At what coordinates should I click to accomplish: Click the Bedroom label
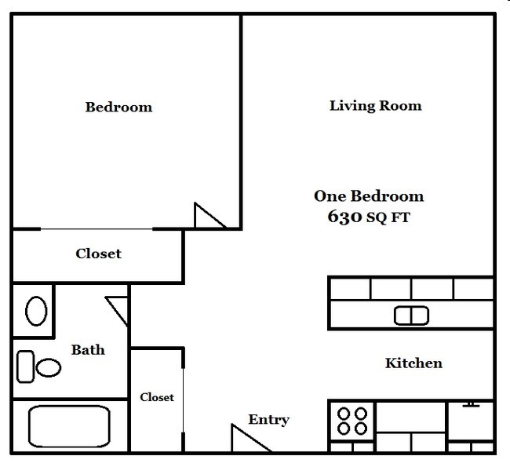tap(118, 107)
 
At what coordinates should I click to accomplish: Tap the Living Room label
tap(375, 105)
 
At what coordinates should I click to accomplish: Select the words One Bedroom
tap(369, 196)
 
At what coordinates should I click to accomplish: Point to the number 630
tap(344, 217)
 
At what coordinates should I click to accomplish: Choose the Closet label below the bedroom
tap(98, 254)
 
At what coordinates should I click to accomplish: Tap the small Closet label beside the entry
tap(157, 397)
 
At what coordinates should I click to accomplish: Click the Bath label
tap(88, 349)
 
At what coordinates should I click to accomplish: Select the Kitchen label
tap(413, 363)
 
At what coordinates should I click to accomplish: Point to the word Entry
tap(268, 419)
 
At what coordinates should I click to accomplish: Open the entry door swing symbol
tap(246, 440)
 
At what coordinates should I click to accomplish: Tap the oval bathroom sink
tap(36, 312)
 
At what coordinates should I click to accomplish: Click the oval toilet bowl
tap(49, 367)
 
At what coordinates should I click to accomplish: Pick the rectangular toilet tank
tap(25, 365)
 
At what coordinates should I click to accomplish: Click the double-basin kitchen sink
tap(411, 316)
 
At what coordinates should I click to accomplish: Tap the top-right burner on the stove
tap(361, 413)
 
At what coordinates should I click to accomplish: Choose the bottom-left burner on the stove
tap(344, 429)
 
